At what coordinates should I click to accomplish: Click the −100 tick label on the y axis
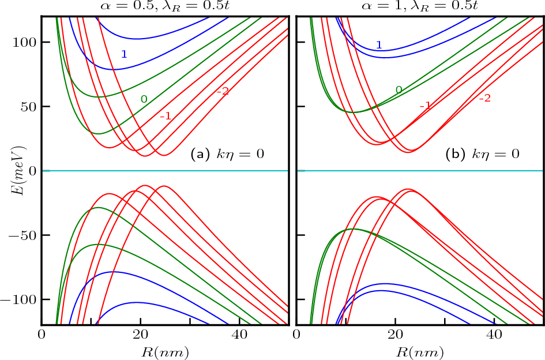point(20,300)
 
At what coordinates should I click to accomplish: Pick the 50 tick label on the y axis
point(27,107)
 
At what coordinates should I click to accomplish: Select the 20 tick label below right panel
point(395,335)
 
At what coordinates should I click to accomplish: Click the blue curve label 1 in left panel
point(123,54)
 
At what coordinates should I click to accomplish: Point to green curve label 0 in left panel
point(144,99)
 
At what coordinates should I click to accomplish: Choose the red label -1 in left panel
point(166,116)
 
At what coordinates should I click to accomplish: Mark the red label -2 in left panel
point(223,91)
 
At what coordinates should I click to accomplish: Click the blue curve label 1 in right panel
point(378,45)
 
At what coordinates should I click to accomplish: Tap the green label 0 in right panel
point(399,89)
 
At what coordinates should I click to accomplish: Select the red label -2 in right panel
point(484,98)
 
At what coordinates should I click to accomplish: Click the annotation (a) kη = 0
point(227,154)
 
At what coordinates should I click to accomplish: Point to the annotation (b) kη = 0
point(483,154)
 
